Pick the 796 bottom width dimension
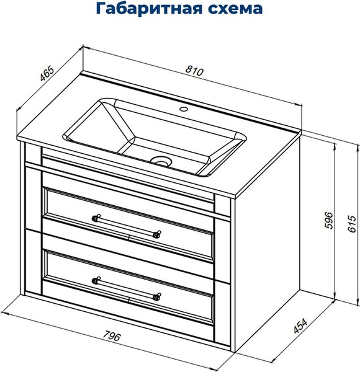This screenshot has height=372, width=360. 110,337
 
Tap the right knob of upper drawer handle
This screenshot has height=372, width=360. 158,234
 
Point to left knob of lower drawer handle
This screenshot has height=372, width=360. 96,278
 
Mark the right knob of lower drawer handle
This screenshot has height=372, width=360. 158,296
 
